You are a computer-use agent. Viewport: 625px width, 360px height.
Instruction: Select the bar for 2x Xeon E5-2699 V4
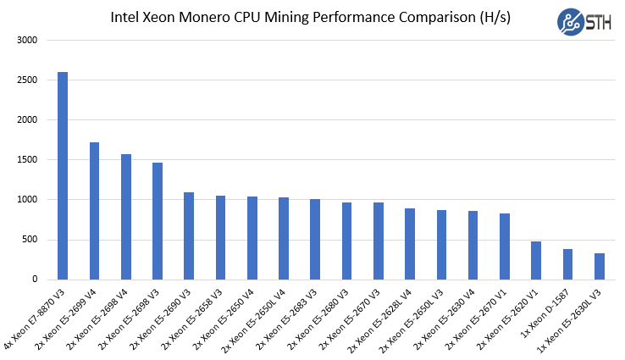pos(94,211)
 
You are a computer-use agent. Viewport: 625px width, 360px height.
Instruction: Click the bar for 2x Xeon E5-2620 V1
pos(536,260)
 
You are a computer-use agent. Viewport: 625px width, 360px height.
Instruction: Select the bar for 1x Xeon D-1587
pos(567,264)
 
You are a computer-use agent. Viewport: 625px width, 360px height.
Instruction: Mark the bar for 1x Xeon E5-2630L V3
pos(600,266)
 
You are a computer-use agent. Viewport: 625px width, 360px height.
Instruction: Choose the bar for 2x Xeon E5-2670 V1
pos(505,246)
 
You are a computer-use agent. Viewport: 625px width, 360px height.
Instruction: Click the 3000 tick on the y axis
pos(27,41)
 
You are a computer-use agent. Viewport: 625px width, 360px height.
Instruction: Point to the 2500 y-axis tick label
pos(27,80)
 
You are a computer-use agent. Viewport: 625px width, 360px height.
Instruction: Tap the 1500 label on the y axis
pos(27,160)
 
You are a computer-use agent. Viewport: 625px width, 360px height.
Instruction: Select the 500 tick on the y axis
pos(30,240)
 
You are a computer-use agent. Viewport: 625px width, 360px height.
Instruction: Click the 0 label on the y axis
pos(35,280)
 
